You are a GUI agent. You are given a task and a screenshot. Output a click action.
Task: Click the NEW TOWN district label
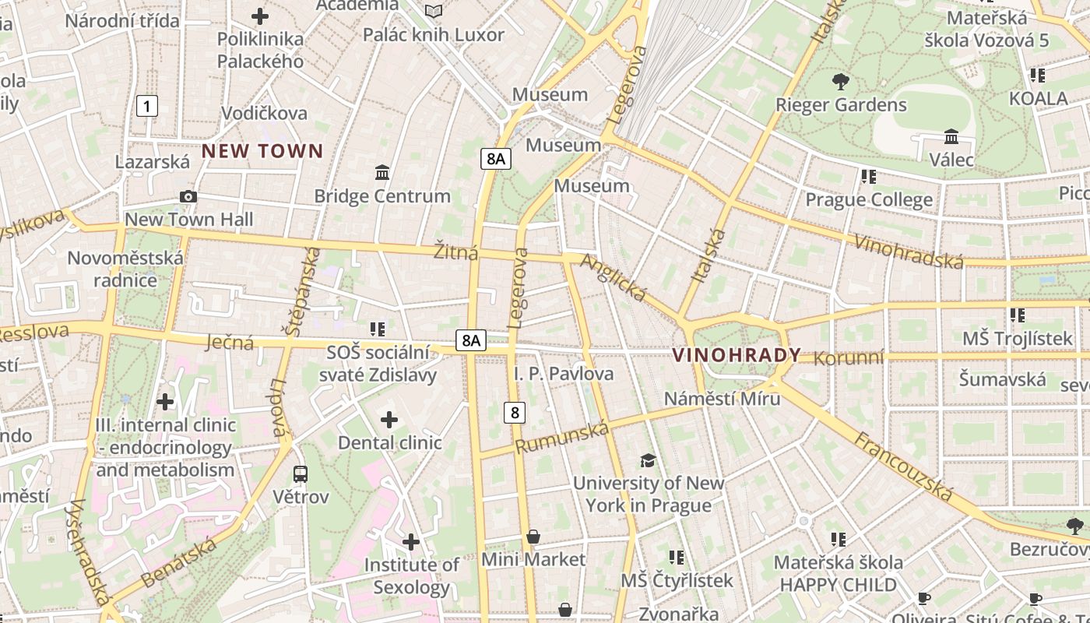(262, 151)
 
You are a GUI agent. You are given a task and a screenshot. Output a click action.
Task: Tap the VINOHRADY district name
(736, 356)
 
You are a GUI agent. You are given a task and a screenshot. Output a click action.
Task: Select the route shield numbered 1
(146, 106)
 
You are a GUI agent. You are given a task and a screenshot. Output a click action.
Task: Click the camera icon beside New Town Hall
(188, 197)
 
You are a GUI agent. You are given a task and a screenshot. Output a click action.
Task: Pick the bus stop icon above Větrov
(301, 473)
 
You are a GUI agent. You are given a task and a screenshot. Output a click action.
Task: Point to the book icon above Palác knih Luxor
(434, 11)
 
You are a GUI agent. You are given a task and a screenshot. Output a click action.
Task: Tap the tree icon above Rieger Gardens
(840, 81)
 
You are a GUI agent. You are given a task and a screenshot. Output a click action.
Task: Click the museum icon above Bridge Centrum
(382, 172)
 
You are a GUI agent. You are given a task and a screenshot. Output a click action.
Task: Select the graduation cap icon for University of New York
(648, 460)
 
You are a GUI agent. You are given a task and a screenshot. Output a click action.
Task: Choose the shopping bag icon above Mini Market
(533, 537)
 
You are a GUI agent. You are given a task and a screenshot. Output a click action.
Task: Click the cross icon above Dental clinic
(389, 421)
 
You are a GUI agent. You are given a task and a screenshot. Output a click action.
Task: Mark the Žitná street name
(455, 252)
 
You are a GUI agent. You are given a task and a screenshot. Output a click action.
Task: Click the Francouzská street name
(904, 466)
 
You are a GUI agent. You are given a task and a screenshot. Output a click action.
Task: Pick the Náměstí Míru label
(722, 399)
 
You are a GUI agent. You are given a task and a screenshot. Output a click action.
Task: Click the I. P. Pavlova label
(564, 374)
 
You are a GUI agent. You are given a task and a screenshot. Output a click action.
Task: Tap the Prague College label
(868, 200)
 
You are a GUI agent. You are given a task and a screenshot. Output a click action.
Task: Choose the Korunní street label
(849, 357)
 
